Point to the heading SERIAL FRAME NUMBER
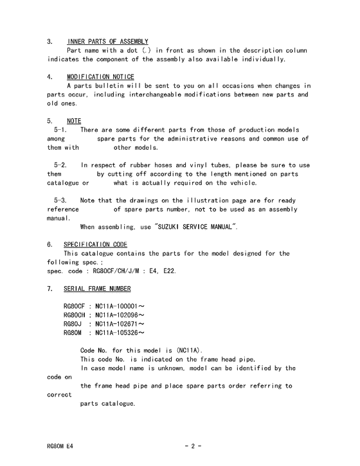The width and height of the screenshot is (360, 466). tap(97, 289)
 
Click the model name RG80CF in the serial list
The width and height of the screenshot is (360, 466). tap(74, 307)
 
